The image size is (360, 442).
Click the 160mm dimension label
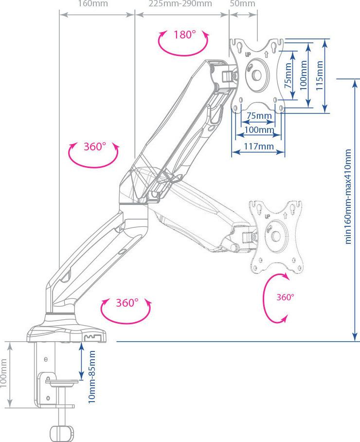coord(93,4)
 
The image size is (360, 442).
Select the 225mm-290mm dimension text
coord(180,4)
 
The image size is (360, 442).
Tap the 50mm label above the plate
coord(243,4)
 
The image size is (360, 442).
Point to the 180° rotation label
coord(184,35)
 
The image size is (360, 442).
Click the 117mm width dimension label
coord(259,147)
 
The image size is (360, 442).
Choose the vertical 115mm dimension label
coord(319,75)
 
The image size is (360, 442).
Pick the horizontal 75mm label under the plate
coord(259,115)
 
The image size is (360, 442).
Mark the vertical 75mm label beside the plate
coord(288,75)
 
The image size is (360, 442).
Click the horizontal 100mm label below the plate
coord(259,130)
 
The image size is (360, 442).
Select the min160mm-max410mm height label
coord(348,197)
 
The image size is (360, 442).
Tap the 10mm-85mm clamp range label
coord(92,377)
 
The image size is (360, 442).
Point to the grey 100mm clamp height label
coord(3,373)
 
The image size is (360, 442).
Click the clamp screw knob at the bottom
coord(62,432)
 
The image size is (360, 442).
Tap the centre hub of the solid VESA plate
coord(256,75)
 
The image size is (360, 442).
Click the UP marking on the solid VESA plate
coord(248,54)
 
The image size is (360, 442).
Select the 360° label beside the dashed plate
coord(286,297)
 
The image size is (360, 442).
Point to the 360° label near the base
coord(127,303)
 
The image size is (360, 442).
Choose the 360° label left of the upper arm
coord(95,147)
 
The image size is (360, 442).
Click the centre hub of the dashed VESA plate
coord(275,235)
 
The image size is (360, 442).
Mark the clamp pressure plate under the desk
coord(62,382)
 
